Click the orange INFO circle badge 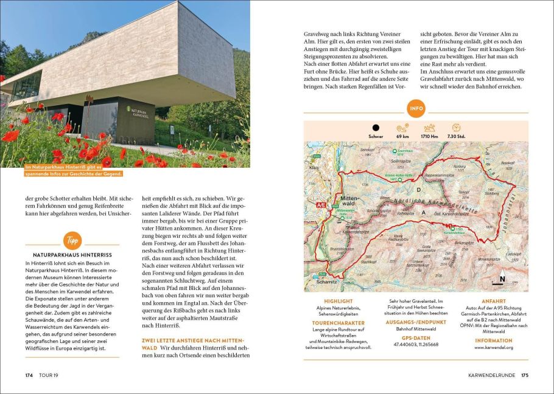(x=416, y=109)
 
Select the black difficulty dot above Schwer (x=376, y=128)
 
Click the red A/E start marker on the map (x=321, y=206)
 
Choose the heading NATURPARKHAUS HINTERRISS (x=68, y=254)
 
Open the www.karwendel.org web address (x=493, y=348)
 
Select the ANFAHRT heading (x=493, y=300)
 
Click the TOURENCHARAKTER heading (x=338, y=323)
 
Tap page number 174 (x=29, y=375)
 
